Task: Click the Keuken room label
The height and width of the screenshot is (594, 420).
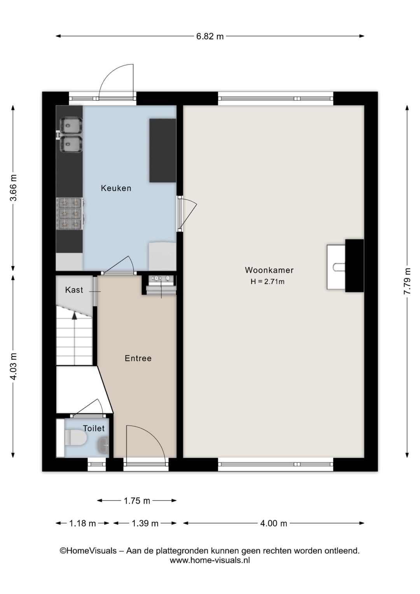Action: point(116,188)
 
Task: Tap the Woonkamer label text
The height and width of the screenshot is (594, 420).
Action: point(269,270)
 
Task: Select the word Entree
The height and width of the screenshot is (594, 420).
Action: point(138,358)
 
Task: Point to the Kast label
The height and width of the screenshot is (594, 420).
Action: point(74,290)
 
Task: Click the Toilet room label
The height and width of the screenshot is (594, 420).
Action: point(94,428)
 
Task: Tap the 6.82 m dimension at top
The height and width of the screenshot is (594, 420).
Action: point(210,36)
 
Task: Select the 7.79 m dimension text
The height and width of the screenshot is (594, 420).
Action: point(407,281)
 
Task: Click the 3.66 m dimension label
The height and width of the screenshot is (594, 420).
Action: point(13,188)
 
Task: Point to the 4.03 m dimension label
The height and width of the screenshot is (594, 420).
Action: point(13,366)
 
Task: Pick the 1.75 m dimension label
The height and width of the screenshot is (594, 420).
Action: point(137,501)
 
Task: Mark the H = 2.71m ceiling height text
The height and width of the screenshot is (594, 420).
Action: point(268,281)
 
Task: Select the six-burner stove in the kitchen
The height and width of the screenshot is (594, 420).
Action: point(70,214)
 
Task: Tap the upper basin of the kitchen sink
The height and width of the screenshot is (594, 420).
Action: point(71,125)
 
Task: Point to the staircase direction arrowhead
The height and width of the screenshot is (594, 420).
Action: point(74,315)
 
